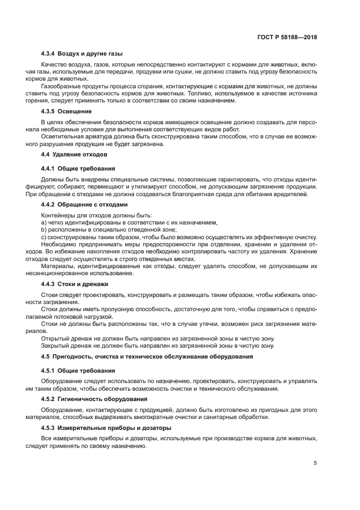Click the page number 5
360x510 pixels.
coord(315,464)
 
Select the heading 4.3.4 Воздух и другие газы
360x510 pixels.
coord(82,54)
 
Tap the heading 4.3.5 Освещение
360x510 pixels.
coord(66,111)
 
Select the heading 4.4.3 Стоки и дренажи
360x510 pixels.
coord(75,284)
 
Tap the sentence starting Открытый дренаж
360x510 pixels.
coord(158,338)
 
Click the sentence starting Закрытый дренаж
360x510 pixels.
coord(158,345)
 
